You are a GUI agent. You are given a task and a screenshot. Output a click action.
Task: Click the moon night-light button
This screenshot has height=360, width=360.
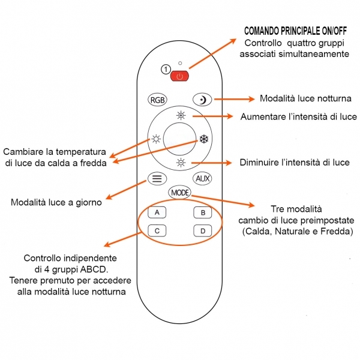click(x=202, y=100)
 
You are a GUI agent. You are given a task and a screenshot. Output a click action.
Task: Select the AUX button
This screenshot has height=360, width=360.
click(x=202, y=178)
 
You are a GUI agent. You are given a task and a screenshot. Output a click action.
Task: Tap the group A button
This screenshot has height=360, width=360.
click(x=157, y=212)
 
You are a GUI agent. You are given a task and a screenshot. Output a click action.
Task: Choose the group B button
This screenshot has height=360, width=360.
click(x=203, y=212)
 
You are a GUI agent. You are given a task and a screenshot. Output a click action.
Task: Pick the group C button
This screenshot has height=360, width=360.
click(x=157, y=230)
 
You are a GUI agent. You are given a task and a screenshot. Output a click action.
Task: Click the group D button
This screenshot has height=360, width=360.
click(x=203, y=230)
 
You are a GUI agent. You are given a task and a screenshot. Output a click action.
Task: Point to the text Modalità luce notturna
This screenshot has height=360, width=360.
click(x=305, y=98)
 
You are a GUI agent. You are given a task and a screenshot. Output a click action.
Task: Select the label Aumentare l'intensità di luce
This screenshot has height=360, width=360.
click(x=299, y=116)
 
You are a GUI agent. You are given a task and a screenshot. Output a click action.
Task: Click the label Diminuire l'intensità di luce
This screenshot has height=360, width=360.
click(x=294, y=163)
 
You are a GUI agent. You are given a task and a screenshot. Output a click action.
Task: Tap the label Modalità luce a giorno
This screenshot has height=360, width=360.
click(x=56, y=202)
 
